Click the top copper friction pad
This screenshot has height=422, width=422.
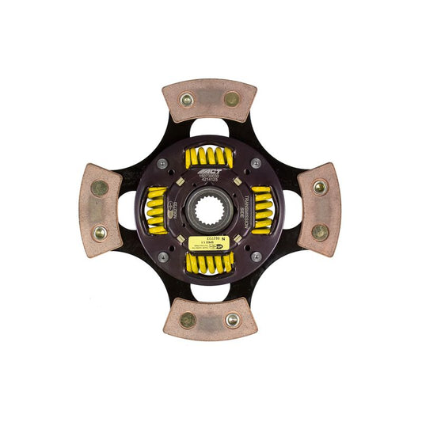(x=210, y=100)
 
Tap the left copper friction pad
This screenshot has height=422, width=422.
(x=100, y=211)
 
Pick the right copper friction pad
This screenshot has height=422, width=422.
(x=320, y=210)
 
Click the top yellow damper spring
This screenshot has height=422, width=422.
(x=209, y=158)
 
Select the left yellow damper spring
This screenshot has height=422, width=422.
(x=157, y=210)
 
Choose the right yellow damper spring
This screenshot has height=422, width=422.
(x=262, y=210)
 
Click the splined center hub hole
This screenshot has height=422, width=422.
(x=210, y=210)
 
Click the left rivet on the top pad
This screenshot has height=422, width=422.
(x=187, y=100)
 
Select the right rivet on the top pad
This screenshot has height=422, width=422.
(x=231, y=99)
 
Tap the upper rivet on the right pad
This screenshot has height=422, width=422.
(x=320, y=188)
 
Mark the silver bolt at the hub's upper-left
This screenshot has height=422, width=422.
(x=162, y=163)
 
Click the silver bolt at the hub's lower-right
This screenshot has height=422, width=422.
(x=256, y=257)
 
